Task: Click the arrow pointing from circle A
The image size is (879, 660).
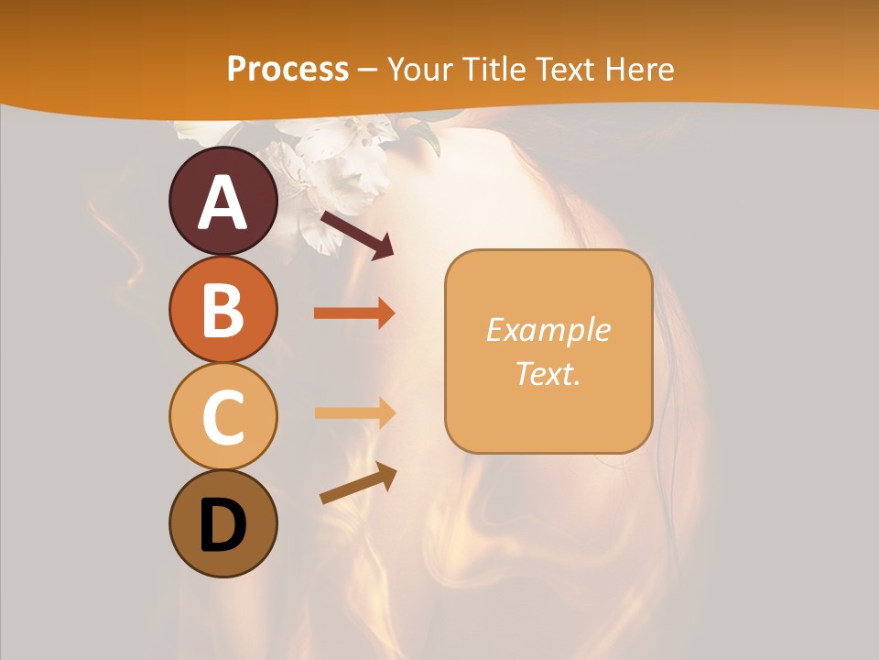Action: (357, 235)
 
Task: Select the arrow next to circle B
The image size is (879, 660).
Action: (354, 313)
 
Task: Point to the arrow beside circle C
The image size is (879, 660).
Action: (354, 412)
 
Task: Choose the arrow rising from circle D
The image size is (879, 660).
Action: (358, 483)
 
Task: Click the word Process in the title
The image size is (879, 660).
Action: (288, 69)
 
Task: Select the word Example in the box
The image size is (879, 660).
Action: (548, 330)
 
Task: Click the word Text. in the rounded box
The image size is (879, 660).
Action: (548, 374)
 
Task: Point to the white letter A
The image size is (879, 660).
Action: (223, 203)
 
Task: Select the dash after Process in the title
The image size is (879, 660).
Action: (367, 70)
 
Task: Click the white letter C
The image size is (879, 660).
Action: (223, 417)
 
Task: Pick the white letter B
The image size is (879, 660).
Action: (222, 310)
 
